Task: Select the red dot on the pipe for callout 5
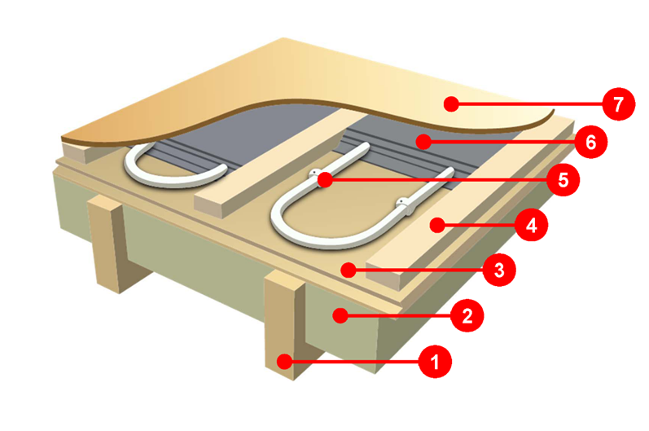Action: (x=323, y=179)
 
